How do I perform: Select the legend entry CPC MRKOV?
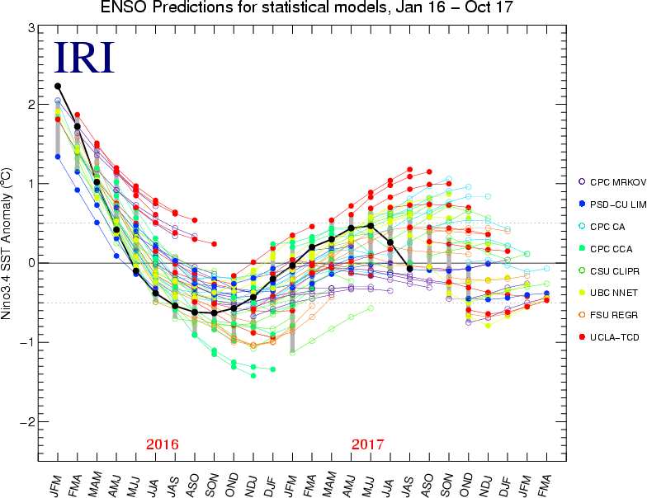(x=610, y=181)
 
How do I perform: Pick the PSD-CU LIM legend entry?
(x=611, y=204)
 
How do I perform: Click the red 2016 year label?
(x=163, y=444)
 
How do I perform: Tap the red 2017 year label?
(x=368, y=444)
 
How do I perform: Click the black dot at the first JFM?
(x=58, y=86)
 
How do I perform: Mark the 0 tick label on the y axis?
(x=31, y=263)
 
